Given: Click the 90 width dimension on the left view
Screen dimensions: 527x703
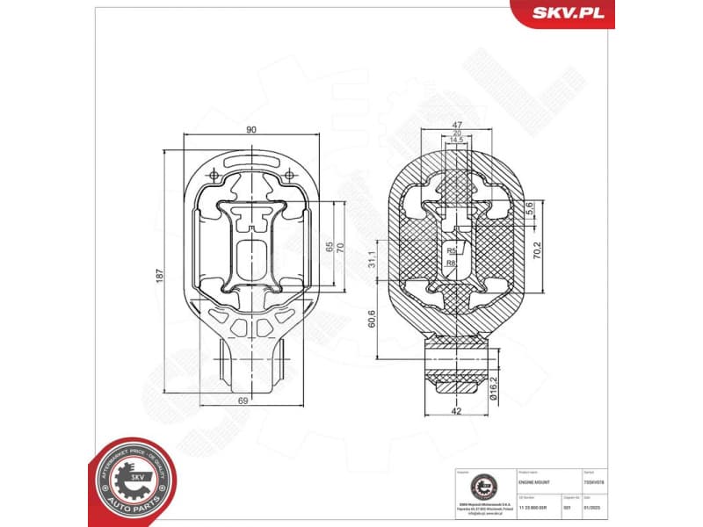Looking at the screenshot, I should (x=251, y=130).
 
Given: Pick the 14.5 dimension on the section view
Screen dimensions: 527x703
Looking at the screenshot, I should (x=457, y=141).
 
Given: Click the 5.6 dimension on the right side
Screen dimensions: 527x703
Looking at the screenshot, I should (x=530, y=208).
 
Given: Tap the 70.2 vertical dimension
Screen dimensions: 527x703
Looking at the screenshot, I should (x=537, y=250).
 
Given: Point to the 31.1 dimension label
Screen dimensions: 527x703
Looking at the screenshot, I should (x=372, y=259).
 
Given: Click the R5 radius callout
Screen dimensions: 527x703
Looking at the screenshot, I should (x=450, y=251).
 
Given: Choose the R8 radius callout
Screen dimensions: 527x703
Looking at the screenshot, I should (x=450, y=262).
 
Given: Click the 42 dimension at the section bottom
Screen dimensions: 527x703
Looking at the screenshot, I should (x=457, y=409).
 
